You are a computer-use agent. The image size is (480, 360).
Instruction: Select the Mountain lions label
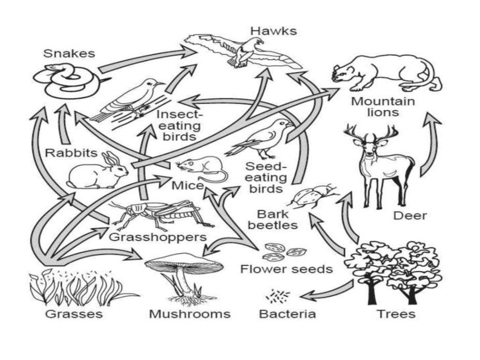pos(383,106)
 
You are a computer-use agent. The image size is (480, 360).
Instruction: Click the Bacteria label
pos(287,314)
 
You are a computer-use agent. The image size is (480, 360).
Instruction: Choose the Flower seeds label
pos(286,269)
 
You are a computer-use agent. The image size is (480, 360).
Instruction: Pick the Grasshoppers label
pos(158,237)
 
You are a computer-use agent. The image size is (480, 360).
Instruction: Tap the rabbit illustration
pos(98,171)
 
